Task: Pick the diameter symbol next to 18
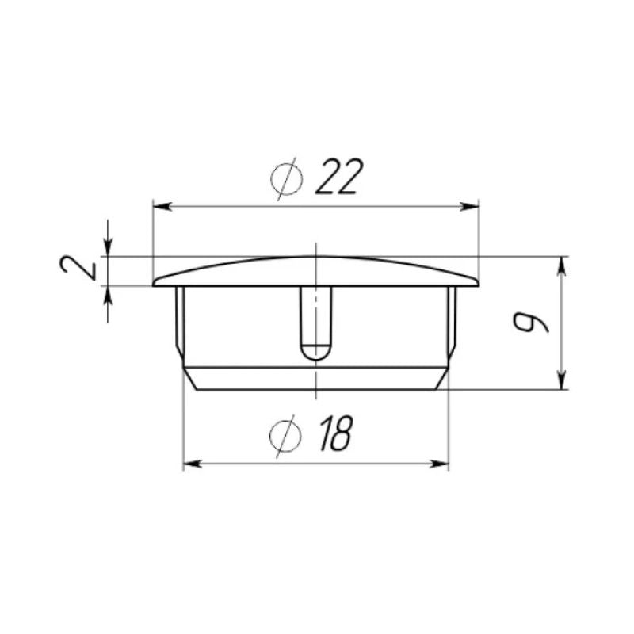coord(282,436)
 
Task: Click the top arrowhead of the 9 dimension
coord(561,265)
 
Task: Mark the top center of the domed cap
coord(316,257)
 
